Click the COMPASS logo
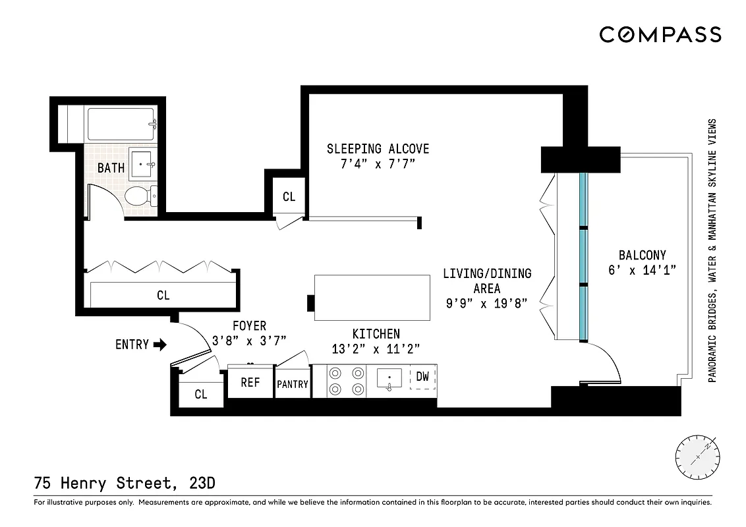[x=660, y=35]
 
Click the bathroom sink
[x=144, y=163]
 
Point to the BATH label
[x=111, y=168]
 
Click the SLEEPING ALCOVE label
[x=378, y=149]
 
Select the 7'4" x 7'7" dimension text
[x=378, y=165]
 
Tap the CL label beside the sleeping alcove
[x=289, y=196]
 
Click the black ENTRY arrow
[x=159, y=344]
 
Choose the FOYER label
[x=249, y=326]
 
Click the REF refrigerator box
[x=250, y=382]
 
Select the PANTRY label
[x=292, y=383]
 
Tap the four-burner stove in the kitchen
[x=347, y=380]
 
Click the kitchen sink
[x=389, y=379]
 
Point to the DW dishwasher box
[x=423, y=377]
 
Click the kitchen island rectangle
[x=372, y=297]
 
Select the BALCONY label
[x=642, y=255]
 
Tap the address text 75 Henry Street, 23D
[x=124, y=484]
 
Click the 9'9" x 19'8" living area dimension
[x=487, y=304]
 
